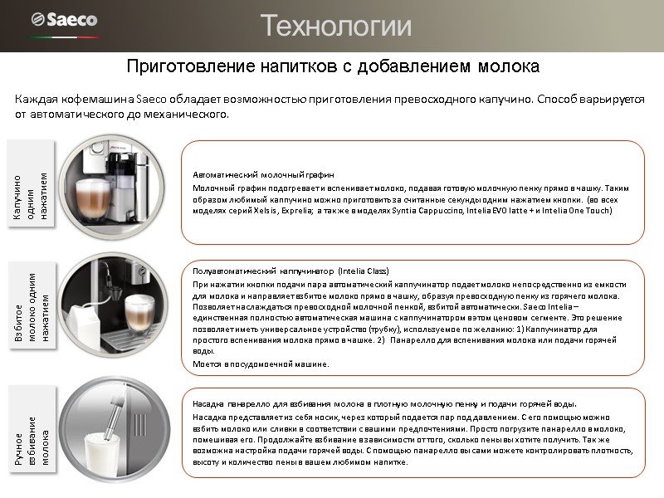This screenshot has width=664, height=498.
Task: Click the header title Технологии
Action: point(336,27)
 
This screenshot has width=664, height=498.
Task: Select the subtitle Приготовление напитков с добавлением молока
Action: point(332,65)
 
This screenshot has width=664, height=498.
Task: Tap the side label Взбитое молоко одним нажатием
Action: point(31,307)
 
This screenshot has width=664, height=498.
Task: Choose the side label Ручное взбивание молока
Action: point(31,431)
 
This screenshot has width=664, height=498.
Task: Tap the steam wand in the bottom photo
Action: point(121,411)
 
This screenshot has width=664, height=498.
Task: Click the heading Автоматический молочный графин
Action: point(263,176)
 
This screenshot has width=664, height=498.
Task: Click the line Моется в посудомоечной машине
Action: point(261,364)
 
